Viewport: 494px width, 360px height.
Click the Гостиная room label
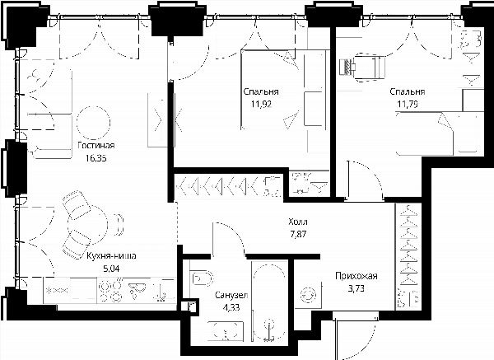[x=96, y=145]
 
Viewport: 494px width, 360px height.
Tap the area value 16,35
[x=96, y=158]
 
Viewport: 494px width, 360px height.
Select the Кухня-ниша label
[x=111, y=255]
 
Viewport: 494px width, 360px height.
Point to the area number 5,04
[x=111, y=269]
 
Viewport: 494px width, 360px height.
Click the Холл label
[x=298, y=222]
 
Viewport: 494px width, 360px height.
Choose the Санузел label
[x=231, y=295]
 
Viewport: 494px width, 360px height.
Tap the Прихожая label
[x=357, y=276]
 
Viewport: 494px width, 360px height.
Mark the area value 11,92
[x=261, y=104]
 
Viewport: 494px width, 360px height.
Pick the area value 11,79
[x=408, y=104]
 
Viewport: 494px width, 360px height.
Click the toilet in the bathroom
[x=202, y=278]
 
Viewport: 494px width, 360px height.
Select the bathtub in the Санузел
[x=270, y=302]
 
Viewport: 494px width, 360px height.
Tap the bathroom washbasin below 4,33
[x=226, y=331]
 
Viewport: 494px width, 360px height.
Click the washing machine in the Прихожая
[x=309, y=296]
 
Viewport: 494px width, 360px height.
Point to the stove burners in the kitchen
[x=110, y=290]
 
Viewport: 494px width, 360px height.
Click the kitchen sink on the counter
[x=137, y=290]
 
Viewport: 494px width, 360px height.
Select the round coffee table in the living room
[x=94, y=123]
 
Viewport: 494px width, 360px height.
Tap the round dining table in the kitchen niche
[x=88, y=224]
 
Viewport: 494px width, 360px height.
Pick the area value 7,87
[x=298, y=234]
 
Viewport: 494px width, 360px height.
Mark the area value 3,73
[x=357, y=288]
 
